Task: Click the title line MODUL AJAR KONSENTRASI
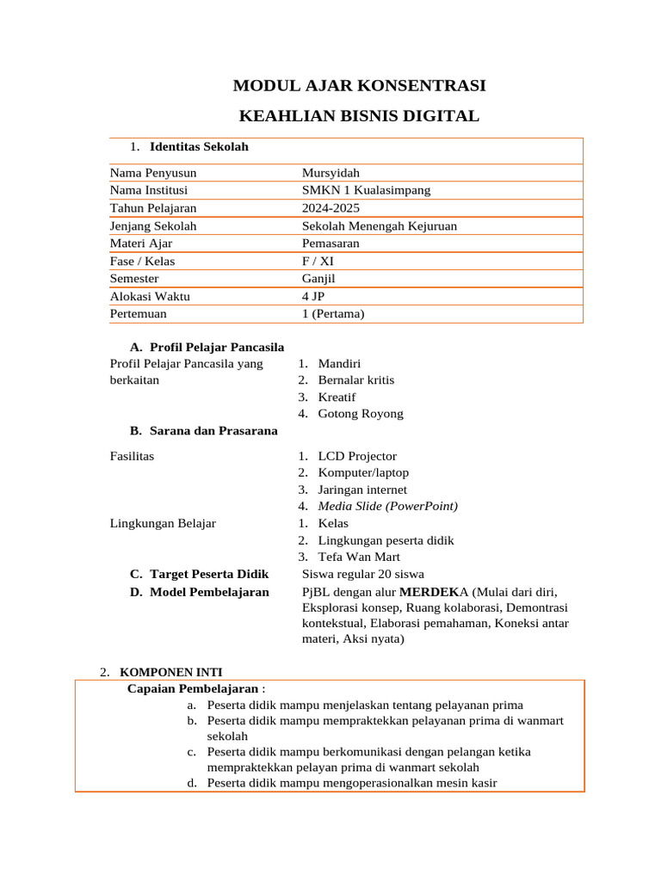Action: (x=359, y=86)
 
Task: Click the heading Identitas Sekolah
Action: (x=199, y=147)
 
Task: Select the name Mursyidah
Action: (x=330, y=173)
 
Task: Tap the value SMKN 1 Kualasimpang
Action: (x=366, y=190)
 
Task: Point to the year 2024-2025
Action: (x=330, y=208)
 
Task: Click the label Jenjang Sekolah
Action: (x=153, y=226)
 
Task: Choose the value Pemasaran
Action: (x=330, y=243)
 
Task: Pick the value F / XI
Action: (x=318, y=262)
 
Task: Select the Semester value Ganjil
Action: (x=319, y=279)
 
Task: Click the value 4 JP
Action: (x=313, y=297)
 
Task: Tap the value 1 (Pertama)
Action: (x=333, y=314)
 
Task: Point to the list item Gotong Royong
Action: (x=361, y=414)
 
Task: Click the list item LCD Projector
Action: (x=357, y=456)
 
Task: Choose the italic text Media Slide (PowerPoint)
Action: (x=387, y=506)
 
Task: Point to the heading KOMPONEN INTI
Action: (x=170, y=672)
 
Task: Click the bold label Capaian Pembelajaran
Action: (x=193, y=688)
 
